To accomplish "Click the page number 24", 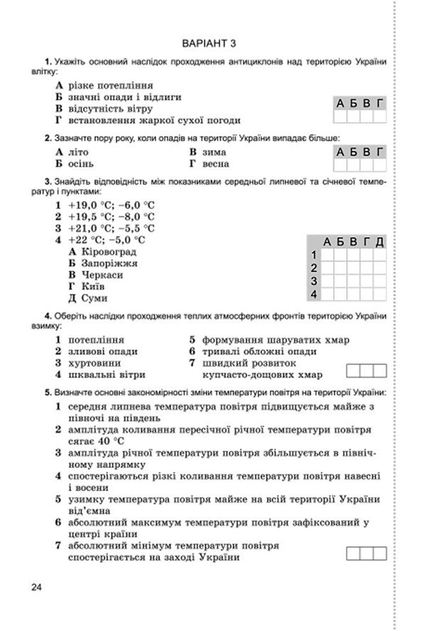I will point(37,586).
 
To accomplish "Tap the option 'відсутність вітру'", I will point(110,109).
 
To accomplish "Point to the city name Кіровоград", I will point(109,251).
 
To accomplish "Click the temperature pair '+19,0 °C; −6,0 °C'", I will point(111,205).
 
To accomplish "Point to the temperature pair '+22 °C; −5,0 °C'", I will point(106,240).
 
